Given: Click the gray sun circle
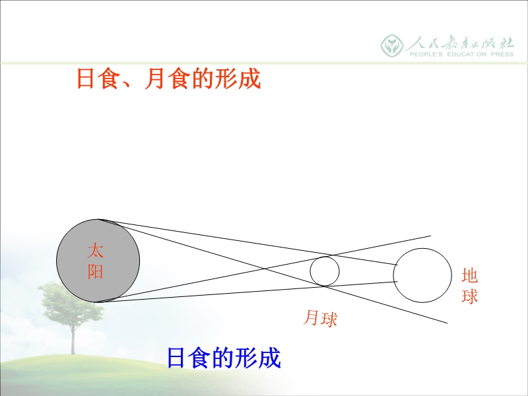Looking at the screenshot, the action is (x=98, y=261).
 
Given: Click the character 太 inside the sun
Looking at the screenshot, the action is (x=95, y=251).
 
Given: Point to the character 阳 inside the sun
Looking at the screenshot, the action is (x=95, y=271).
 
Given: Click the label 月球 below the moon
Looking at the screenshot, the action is (x=320, y=318).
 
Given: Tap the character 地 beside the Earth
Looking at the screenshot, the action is (x=470, y=275).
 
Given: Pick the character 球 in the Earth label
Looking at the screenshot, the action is (x=470, y=296).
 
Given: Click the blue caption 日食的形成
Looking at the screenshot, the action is (x=224, y=358).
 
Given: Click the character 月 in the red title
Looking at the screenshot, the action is (x=155, y=79).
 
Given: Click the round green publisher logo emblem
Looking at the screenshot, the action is (x=392, y=46).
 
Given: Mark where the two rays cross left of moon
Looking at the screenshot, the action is (x=263, y=269).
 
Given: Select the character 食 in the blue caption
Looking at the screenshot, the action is (x=201, y=358).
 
